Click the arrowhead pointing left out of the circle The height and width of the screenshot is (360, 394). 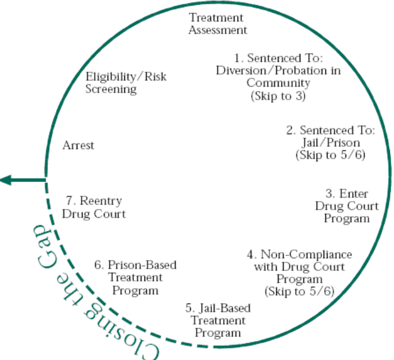[6, 180]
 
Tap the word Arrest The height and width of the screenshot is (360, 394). [79, 145]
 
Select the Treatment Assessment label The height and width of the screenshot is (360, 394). [218, 24]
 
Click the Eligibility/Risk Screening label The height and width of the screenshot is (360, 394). [126, 83]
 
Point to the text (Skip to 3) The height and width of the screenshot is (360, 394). [278, 96]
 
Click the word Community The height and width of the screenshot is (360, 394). [278, 83]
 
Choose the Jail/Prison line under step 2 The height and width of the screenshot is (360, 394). [330, 143]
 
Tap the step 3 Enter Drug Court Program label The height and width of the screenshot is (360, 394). [347, 206]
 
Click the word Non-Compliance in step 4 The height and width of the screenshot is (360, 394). [306, 254]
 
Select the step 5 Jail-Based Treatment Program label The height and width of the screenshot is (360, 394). [218, 320]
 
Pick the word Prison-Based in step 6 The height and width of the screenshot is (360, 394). [142, 265]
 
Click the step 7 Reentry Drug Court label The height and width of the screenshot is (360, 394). [94, 207]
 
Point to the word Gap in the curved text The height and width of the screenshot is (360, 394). [44, 246]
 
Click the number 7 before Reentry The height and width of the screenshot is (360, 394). [69, 201]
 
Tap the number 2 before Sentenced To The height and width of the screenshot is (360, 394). [289, 131]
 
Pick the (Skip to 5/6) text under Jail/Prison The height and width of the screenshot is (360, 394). [330, 155]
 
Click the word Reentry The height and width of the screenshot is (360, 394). [101, 201]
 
